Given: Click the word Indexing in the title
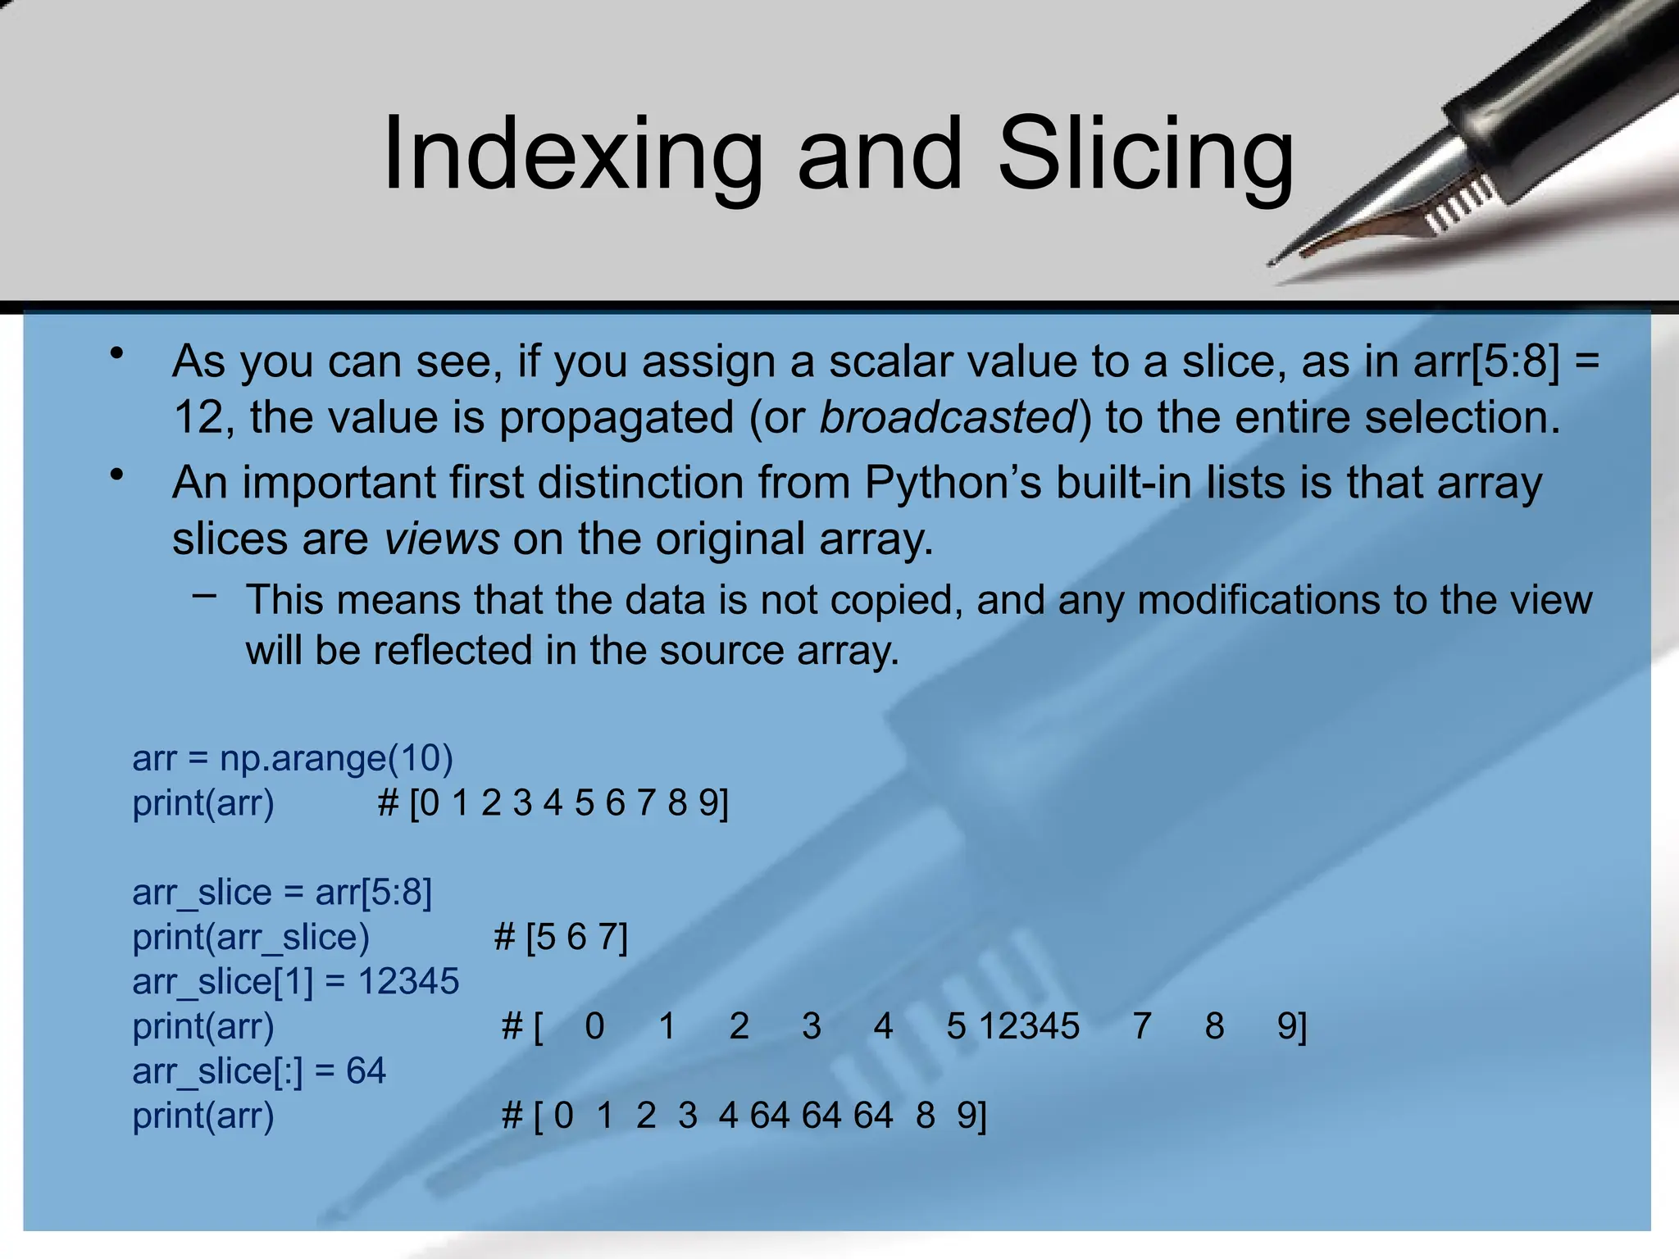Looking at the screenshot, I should click(x=572, y=156).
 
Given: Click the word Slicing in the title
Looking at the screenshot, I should click(x=1144, y=156).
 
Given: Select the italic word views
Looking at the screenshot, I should click(x=442, y=539).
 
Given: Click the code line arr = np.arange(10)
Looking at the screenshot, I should click(x=293, y=758).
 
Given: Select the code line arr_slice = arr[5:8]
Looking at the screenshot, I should click(x=282, y=892).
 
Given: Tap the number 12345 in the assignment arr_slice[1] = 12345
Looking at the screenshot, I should click(x=408, y=981).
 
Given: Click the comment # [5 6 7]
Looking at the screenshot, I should click(x=561, y=937).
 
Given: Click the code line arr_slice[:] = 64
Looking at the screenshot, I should click(x=259, y=1070).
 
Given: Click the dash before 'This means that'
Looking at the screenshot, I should click(x=205, y=595).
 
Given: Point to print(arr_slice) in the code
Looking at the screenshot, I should click(x=251, y=937).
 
